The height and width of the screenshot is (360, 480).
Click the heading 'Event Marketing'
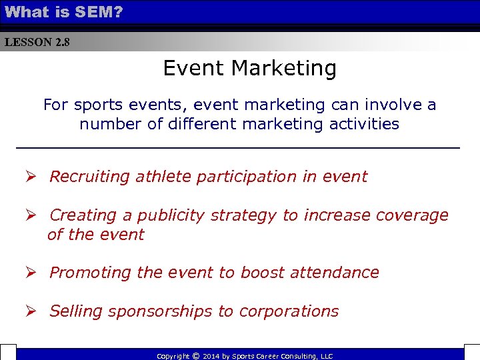click(x=249, y=68)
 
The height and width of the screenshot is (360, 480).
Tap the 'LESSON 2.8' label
click(x=37, y=42)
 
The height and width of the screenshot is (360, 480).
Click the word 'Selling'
click(x=75, y=311)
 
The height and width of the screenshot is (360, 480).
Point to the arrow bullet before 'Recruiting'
click(x=31, y=177)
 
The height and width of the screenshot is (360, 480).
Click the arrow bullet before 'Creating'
click(x=31, y=215)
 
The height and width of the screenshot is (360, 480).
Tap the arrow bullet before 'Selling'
click(x=31, y=311)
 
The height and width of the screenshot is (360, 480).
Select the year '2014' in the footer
click(x=211, y=357)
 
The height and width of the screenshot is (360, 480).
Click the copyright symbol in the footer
click(x=195, y=356)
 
